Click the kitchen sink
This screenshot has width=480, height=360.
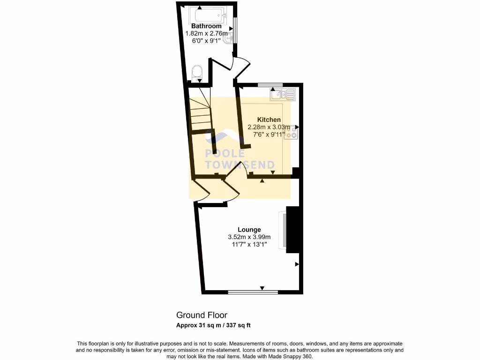point(282,95)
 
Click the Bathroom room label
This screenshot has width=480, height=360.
point(206,26)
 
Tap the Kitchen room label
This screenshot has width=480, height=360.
point(269,120)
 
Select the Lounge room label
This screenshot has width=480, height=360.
point(249,230)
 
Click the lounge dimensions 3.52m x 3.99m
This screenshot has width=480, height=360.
point(249,237)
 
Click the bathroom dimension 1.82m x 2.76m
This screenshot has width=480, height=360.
point(206,33)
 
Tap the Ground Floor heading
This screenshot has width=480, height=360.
point(202,315)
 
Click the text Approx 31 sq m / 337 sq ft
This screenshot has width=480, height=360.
point(216,325)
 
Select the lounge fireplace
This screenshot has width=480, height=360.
point(292,230)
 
